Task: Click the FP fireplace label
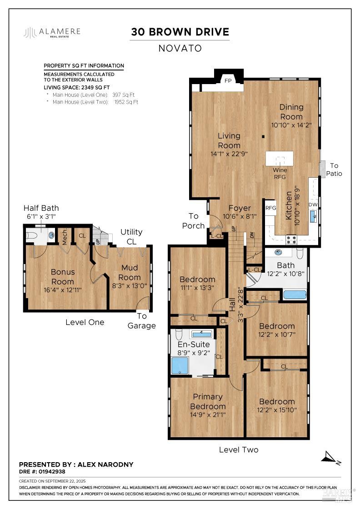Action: click(x=228, y=80)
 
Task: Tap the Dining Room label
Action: click(x=291, y=112)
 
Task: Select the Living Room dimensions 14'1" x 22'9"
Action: click(x=229, y=154)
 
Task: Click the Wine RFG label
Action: click(x=280, y=173)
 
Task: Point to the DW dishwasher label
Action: click(x=313, y=205)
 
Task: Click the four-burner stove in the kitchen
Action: click(x=291, y=240)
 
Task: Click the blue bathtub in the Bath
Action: click(x=295, y=295)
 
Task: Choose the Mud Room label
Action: click(x=129, y=272)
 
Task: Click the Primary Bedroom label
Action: click(x=208, y=401)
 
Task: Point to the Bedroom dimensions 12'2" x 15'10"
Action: click(x=277, y=410)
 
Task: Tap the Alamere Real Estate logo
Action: click(x=52, y=32)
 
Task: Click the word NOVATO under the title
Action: click(x=180, y=48)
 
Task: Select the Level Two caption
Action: click(x=239, y=449)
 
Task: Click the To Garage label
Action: click(x=141, y=321)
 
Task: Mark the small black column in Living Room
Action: click(x=263, y=137)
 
